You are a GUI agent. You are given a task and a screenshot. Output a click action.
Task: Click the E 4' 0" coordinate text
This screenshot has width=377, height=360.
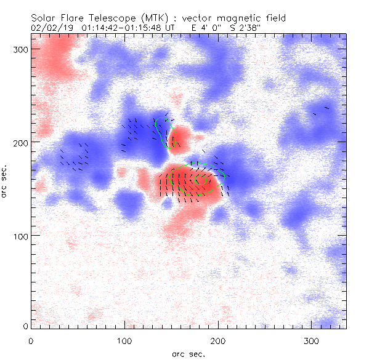tap(207, 28)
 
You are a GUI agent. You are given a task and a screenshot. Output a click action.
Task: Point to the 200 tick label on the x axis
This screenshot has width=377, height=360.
tap(218, 340)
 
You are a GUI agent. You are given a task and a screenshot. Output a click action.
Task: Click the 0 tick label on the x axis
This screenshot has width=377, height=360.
tap(31, 340)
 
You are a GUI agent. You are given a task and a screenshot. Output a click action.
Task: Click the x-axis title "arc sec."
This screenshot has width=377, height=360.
tap(188, 353)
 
